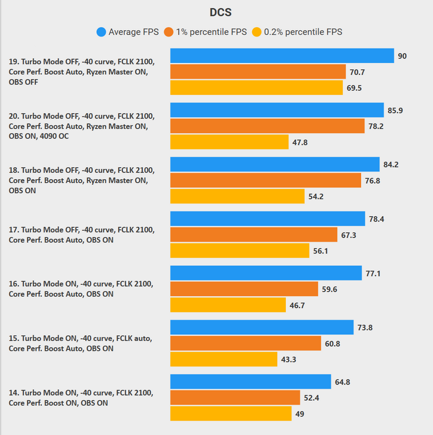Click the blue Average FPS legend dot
pyautogui.click(x=101, y=32)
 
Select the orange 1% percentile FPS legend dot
pyautogui.click(x=169, y=32)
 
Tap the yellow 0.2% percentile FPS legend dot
pyautogui.click(x=257, y=32)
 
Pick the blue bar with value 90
pyautogui.click(x=282, y=56)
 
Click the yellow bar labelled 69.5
pyautogui.click(x=256, y=88)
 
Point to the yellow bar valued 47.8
pyautogui.click(x=230, y=142)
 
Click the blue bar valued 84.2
pyautogui.click(x=275, y=164)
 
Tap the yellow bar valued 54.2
pyautogui.click(x=237, y=197)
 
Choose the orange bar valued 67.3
pyautogui.click(x=253, y=235)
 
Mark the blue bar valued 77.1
pyautogui.click(x=266, y=273)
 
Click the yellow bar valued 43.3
pyautogui.click(x=224, y=360)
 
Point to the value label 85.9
pyautogui.click(x=396, y=110)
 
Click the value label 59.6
pyautogui.click(x=330, y=289)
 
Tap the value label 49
pyautogui.click(x=300, y=414)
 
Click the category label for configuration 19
pyautogui.click(x=81, y=71)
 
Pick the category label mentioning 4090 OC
pyautogui.click(x=81, y=126)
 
